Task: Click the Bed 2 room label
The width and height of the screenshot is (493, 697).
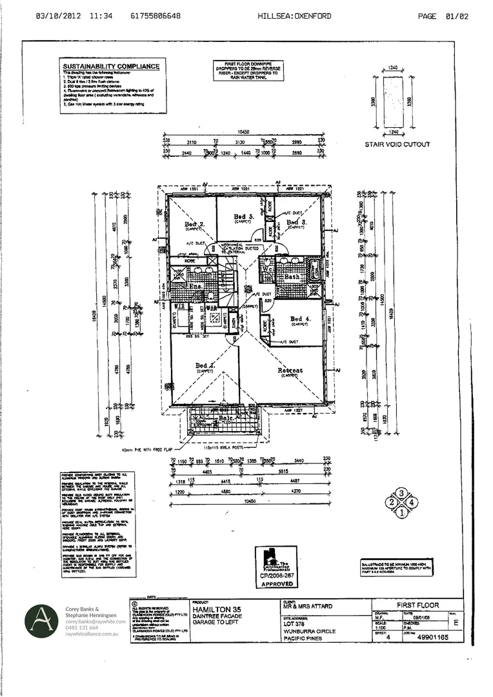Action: tap(194, 225)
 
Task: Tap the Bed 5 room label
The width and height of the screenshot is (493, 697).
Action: tap(243, 216)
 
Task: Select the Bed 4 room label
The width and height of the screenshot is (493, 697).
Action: tap(301, 319)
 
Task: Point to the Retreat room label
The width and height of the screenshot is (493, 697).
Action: tap(290, 370)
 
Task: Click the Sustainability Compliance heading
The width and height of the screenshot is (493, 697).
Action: tap(111, 66)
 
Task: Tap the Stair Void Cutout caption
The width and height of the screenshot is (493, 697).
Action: tap(397, 144)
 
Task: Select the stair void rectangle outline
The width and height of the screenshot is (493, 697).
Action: tap(394, 101)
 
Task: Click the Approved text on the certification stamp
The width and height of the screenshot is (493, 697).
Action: tap(277, 583)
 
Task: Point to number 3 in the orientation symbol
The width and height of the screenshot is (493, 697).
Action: tap(401, 494)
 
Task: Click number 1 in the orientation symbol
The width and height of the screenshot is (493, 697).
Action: tap(401, 513)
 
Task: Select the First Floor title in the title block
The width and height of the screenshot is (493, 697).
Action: tap(418, 605)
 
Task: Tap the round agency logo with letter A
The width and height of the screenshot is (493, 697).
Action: tap(42, 621)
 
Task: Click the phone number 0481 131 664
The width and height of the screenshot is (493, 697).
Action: tap(81, 627)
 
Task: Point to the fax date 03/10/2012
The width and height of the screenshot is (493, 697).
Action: tap(59, 16)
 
